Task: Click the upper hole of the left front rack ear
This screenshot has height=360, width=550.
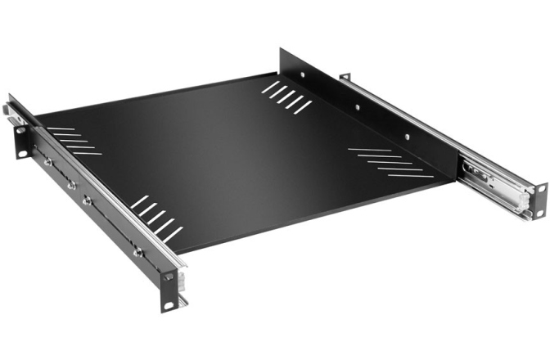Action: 169,277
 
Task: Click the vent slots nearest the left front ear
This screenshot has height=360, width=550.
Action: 155,218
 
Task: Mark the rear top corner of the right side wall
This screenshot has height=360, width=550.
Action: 281,48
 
